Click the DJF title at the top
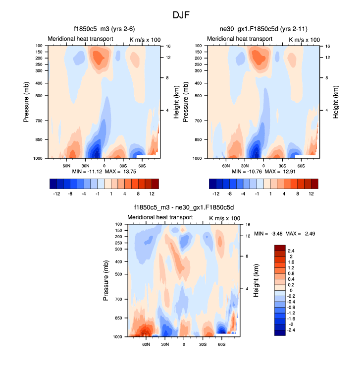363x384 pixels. click(181, 15)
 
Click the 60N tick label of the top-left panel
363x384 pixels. click(66, 165)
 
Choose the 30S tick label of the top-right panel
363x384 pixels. click(282, 165)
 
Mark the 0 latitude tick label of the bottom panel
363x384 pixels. click(184, 344)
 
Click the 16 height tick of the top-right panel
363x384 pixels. click(328, 46)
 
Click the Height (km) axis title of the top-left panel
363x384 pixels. click(176, 102)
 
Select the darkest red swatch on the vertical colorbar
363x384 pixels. click(280, 248)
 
